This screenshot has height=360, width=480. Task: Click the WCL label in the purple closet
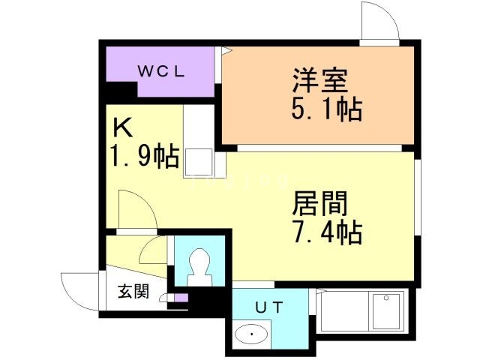[161, 72]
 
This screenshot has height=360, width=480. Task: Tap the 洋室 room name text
[320, 80]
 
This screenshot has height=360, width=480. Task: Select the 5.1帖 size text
[327, 109]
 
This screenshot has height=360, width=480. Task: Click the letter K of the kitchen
[123, 128]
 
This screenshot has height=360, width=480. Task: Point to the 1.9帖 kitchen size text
[145, 155]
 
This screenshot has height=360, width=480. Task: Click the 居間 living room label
[320, 203]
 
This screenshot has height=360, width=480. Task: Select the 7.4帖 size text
[328, 232]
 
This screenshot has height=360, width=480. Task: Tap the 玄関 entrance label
[133, 291]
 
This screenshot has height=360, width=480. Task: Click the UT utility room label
[269, 307]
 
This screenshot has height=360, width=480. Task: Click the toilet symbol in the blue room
[200, 267]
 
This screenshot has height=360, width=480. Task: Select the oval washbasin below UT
[251, 334]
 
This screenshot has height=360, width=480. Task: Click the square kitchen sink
[199, 162]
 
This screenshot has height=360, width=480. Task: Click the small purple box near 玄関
[181, 298]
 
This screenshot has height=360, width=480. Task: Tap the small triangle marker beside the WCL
[226, 50]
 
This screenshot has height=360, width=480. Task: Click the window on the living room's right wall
[418, 197]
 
